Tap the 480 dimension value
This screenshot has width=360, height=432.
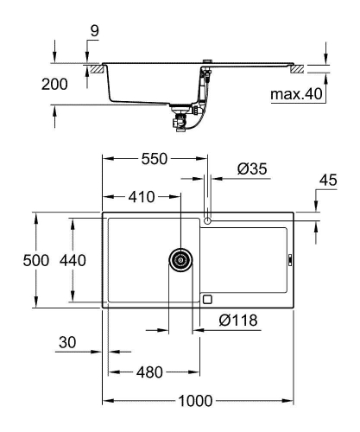pos(149,373)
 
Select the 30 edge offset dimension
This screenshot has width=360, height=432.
pos(68,343)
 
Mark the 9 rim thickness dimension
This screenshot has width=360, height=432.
pos(93,31)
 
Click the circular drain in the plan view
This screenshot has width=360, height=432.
pos(181,260)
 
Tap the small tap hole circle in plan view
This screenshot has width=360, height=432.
pos(206,221)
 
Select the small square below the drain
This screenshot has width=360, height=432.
pos(206,299)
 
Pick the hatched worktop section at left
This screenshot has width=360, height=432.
pos(90,67)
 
